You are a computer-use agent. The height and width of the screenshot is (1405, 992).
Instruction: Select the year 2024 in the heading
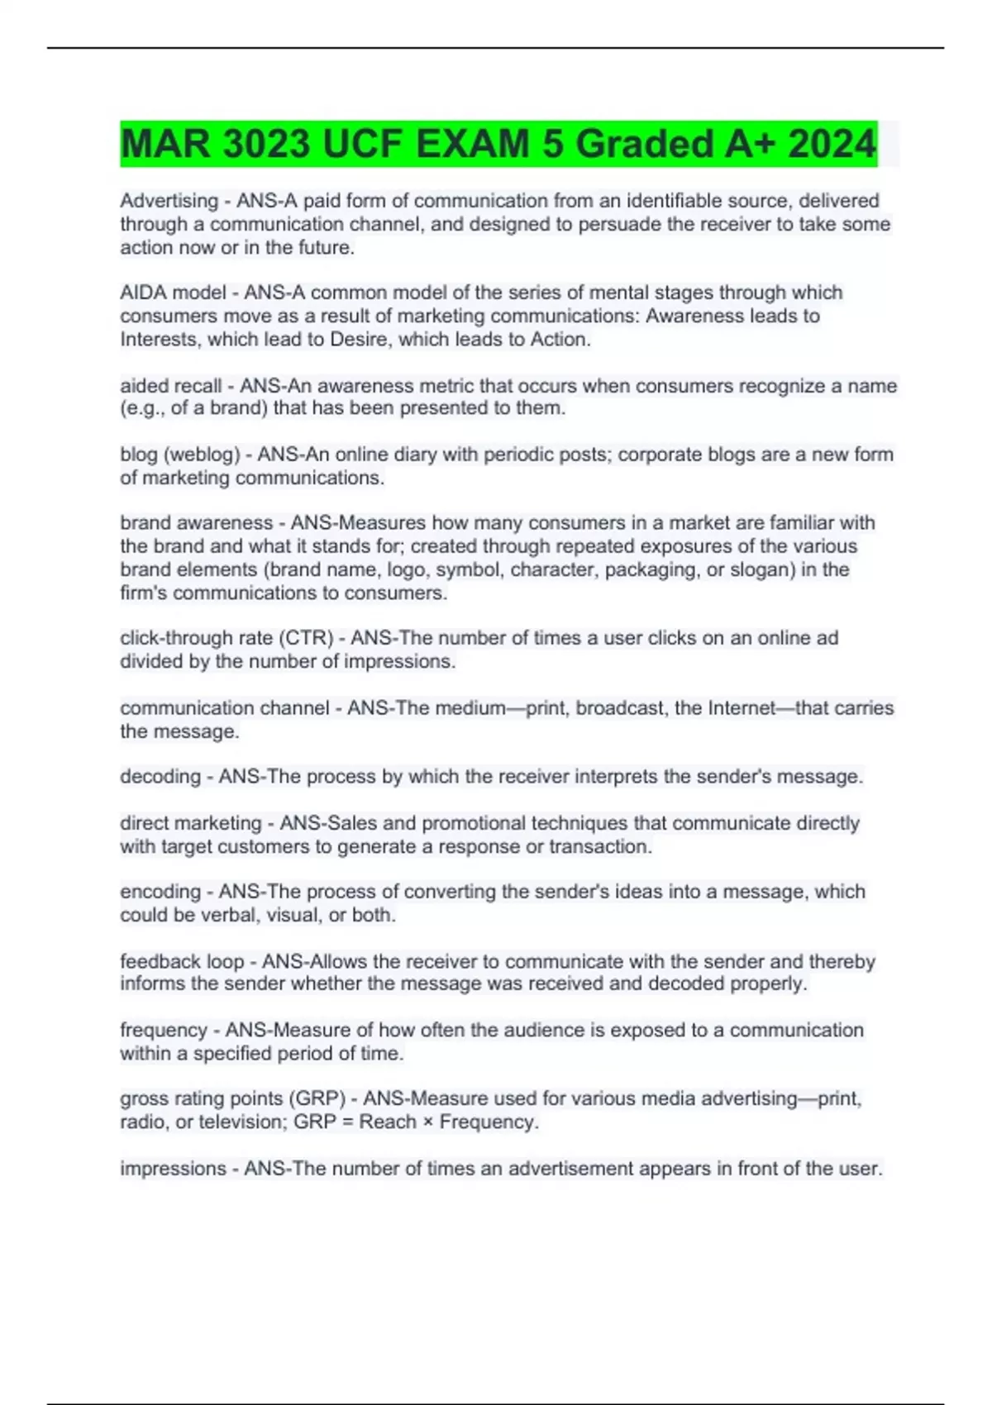832,144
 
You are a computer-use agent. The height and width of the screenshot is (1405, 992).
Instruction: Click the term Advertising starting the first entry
169,201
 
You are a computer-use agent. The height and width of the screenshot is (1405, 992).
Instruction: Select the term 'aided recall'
170,386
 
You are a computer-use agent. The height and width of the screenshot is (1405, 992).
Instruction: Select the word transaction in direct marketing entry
599,846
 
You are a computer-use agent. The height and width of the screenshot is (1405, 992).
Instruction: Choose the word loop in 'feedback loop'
225,961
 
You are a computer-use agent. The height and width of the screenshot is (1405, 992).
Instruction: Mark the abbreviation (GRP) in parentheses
317,1098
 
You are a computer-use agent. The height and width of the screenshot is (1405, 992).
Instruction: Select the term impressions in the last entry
173,1169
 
